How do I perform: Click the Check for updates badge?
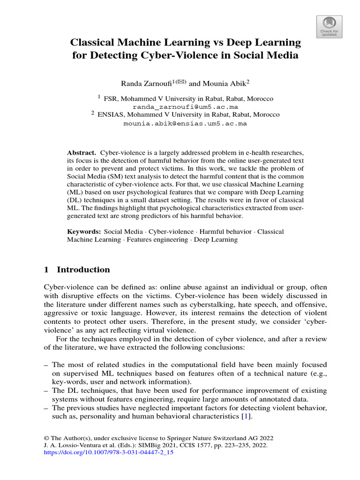(x=329, y=27)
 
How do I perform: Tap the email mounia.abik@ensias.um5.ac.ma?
(x=185, y=124)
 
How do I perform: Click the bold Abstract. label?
(x=82, y=153)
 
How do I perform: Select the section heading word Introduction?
(x=83, y=270)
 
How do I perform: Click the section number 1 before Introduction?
(x=46, y=270)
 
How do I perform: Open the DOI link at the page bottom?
(x=108, y=454)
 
